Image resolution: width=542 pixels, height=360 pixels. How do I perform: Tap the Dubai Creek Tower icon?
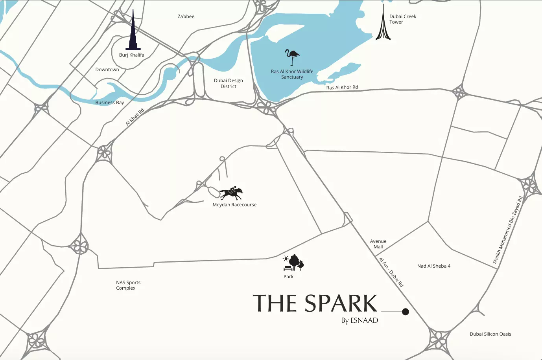[383, 26]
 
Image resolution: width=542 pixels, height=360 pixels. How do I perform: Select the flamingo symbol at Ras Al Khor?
[292, 57]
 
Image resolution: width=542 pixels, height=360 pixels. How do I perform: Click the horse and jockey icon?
[231, 193]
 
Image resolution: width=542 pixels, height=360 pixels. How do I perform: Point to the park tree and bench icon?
[294, 263]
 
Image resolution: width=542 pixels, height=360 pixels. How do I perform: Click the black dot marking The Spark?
[406, 312]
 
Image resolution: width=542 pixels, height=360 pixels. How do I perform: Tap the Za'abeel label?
[186, 17]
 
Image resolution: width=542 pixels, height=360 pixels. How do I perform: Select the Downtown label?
[107, 70]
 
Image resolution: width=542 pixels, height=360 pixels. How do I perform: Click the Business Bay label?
[109, 103]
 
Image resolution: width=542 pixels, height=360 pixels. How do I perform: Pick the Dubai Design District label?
[229, 83]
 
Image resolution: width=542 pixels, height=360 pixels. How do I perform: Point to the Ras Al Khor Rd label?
[342, 87]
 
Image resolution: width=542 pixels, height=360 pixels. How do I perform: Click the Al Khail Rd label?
[135, 117]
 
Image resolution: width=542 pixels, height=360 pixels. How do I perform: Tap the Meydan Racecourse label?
[234, 205]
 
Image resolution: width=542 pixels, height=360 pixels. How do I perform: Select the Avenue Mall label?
[378, 244]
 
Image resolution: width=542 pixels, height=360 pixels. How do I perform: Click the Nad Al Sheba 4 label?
[434, 266]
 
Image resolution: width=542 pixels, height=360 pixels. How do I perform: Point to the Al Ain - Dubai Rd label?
[391, 272]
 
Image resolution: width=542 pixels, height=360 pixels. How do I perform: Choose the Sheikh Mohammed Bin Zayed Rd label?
[508, 230]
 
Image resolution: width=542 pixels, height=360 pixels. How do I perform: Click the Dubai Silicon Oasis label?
[490, 334]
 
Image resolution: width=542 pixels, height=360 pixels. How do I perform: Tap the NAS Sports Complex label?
[128, 285]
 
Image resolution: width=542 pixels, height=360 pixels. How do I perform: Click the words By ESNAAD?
[359, 320]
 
